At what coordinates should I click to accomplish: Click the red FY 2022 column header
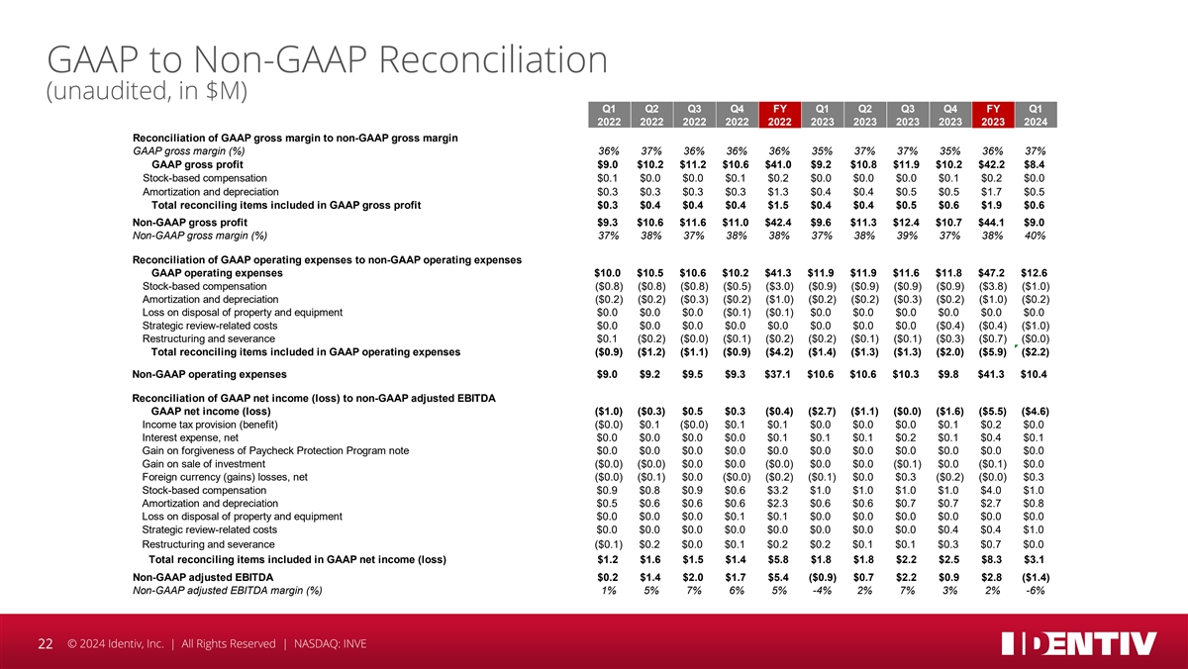click(780, 115)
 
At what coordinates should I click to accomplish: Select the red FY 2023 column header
click(993, 115)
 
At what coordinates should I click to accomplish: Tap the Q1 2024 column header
click(1036, 115)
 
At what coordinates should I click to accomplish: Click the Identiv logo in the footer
click(1079, 643)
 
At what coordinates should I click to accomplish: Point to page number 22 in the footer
click(46, 644)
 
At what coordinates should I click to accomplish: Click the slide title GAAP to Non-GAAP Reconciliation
click(328, 59)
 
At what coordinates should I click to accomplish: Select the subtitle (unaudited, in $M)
click(147, 91)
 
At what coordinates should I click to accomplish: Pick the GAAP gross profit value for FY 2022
click(778, 165)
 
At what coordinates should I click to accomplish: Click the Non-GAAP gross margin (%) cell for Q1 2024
click(1036, 236)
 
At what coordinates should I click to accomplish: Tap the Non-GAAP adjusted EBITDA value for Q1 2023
click(822, 577)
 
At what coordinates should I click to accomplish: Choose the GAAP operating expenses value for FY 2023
click(991, 273)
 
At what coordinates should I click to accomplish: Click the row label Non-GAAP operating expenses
click(210, 374)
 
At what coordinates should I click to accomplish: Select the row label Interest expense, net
click(190, 437)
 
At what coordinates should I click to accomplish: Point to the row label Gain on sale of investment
click(203, 464)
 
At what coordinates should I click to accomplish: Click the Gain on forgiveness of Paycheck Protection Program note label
click(275, 450)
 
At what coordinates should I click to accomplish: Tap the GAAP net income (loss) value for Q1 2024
click(1036, 412)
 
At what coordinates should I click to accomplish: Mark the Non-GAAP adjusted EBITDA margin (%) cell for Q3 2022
click(694, 591)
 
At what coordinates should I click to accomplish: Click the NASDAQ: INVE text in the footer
click(330, 644)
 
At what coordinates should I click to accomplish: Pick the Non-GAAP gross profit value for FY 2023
click(991, 223)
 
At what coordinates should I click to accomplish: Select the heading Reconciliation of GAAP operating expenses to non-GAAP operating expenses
click(327, 259)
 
